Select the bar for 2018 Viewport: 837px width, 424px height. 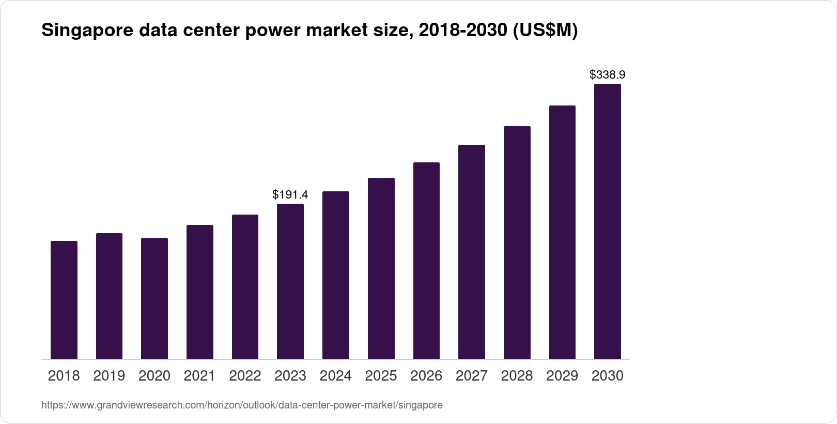64,300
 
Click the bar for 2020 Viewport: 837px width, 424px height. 154,298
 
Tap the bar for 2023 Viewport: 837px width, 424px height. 290,281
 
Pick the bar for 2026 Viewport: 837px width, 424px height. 426,261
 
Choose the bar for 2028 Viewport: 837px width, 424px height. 517,243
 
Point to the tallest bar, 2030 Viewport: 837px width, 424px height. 608,221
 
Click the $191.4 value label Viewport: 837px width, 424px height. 290,194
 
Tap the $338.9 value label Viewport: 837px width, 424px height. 608,74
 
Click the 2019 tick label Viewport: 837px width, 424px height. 109,376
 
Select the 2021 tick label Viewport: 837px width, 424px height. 199,376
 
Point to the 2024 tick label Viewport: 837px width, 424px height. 336,376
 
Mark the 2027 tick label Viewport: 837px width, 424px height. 472,376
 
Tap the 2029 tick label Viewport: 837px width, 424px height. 562,376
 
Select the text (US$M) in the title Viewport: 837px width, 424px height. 545,31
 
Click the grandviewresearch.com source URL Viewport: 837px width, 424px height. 242,405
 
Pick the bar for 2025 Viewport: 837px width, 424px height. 381,268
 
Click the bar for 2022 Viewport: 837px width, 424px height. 245,286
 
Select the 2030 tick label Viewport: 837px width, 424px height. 608,376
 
